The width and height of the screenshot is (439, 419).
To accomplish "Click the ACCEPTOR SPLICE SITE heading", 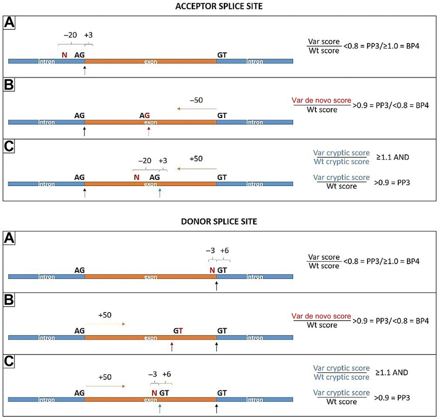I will (x=219, y=6).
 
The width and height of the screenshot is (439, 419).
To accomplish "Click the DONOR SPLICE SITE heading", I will (x=219, y=222).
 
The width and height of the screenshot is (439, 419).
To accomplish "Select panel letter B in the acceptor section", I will (x=9, y=85).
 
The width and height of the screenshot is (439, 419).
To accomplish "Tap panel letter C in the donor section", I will (x=9, y=361).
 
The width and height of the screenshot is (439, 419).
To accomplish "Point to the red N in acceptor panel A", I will (x=64, y=55).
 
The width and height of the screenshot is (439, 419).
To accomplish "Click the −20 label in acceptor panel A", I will (x=70, y=35).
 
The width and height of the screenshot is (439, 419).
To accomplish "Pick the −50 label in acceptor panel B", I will (x=196, y=100).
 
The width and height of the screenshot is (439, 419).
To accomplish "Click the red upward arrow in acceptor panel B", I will (x=149, y=131).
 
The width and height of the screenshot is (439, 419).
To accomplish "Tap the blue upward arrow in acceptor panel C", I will (x=160, y=193).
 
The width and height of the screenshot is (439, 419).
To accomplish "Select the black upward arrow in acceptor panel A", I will (x=85, y=70).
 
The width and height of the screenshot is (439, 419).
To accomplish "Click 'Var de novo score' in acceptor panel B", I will (x=321, y=100).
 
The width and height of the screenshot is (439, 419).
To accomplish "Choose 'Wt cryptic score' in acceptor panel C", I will (x=341, y=162).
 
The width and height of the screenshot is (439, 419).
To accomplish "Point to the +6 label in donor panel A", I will (x=224, y=251).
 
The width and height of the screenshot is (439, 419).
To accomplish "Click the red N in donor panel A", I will (x=212, y=270).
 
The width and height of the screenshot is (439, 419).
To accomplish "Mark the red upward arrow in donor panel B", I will (x=172, y=347).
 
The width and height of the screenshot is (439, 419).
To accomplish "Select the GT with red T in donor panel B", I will (x=178, y=331).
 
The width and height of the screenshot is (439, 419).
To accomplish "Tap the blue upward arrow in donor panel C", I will (x=160, y=408).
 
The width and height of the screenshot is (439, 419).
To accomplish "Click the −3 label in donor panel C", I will (x=153, y=374).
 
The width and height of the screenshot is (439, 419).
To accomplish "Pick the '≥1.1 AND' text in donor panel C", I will (x=392, y=373).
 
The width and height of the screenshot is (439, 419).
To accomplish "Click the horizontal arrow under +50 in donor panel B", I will (x=105, y=324).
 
